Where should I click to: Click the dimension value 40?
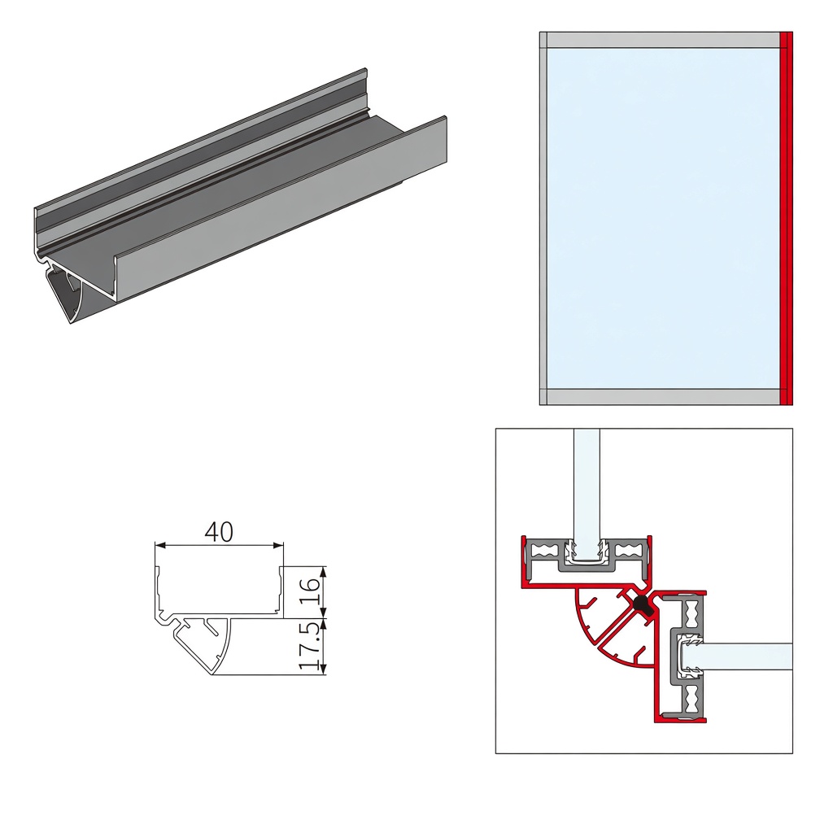coord(219,532)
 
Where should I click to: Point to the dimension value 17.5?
coord(310,645)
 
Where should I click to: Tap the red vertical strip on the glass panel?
coord(787,218)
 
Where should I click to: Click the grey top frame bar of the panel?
coord(663,40)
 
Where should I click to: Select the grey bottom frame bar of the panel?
coord(663,397)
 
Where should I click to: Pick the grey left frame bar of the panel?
coord(543,218)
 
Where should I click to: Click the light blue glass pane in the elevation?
coord(663,218)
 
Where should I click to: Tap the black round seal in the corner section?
coord(641,604)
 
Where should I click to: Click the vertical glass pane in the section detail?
coord(587,494)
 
